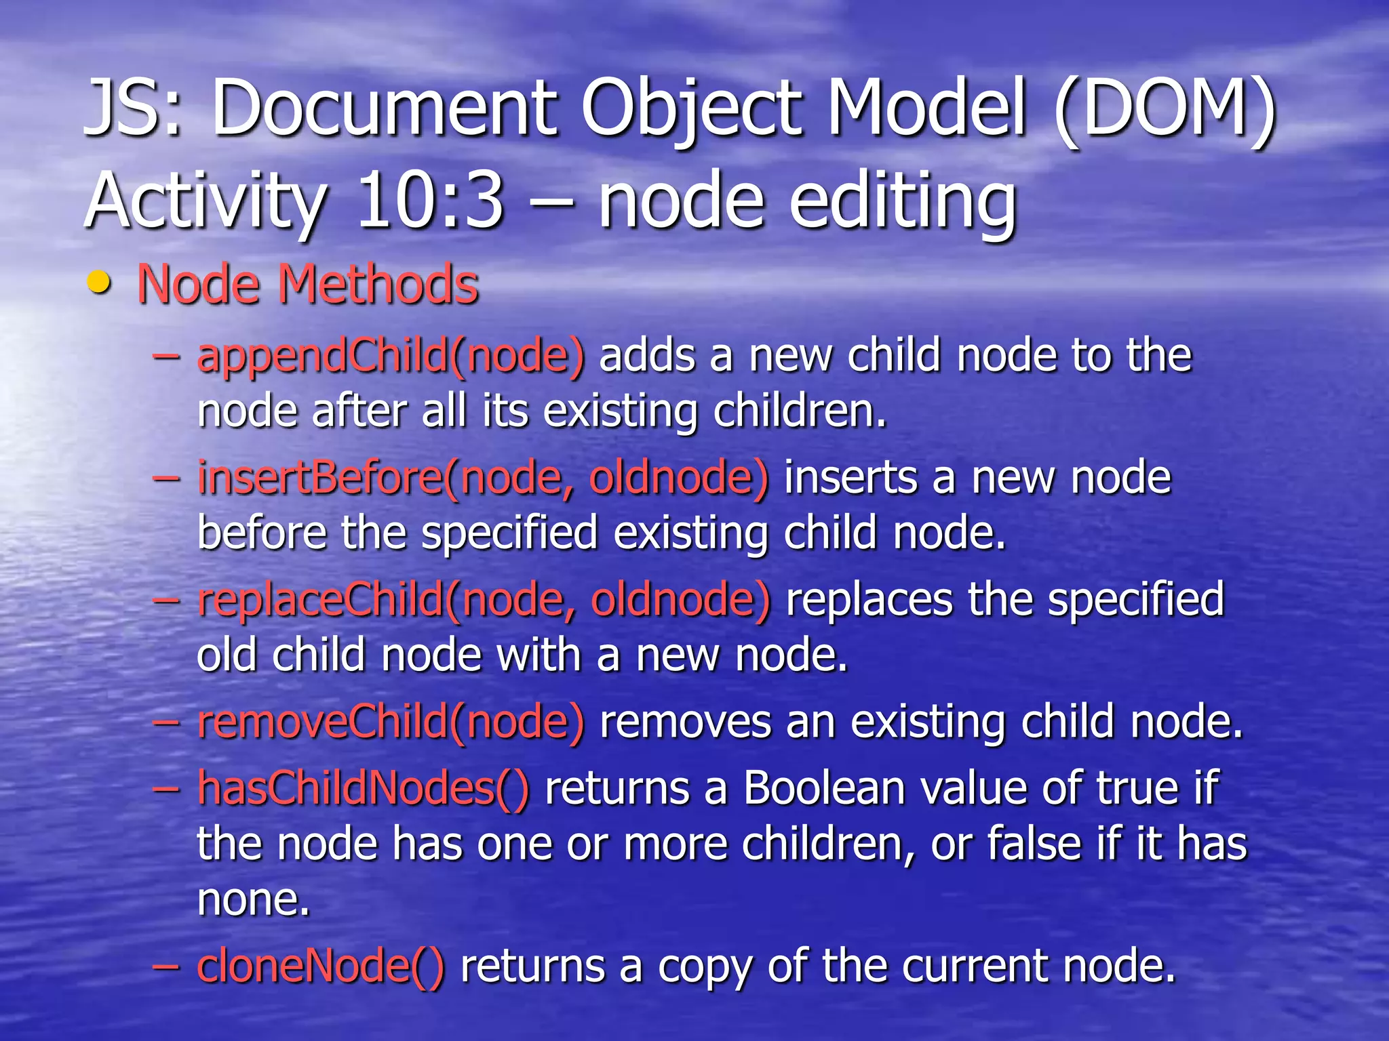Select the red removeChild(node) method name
(x=391, y=722)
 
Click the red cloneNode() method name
(x=321, y=966)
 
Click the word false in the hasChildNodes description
(x=1035, y=844)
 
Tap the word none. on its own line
(x=254, y=899)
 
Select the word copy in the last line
(x=705, y=966)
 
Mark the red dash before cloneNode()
(x=166, y=966)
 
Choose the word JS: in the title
(x=133, y=108)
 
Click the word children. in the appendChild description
(x=800, y=411)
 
